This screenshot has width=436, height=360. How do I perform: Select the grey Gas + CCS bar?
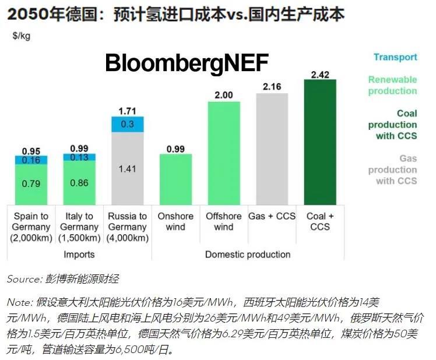pos(272,149)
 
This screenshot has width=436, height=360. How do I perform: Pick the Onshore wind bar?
pos(175,179)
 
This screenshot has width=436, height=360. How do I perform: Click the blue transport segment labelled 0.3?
pos(127,124)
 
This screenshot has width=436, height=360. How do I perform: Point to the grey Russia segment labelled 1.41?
pos(127,168)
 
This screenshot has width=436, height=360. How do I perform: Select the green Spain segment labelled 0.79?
pos(31,184)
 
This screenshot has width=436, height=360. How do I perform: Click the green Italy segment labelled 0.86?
pos(79,182)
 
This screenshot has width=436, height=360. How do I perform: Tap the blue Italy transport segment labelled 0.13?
pos(79,157)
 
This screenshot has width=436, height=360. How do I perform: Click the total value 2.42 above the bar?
pos(320,75)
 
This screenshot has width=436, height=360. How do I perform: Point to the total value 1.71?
pos(127,111)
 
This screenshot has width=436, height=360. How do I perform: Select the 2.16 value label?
pos(272,87)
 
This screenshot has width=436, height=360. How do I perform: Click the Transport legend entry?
pos(395,57)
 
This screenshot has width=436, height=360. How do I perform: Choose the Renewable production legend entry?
pos(392,85)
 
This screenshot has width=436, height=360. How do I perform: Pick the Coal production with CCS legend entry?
pos(392,125)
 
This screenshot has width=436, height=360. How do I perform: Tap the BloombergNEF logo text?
pos(187,63)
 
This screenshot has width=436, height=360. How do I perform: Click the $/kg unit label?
pos(22,36)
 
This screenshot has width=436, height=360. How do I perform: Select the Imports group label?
pos(79,255)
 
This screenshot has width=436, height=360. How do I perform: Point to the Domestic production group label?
pos(248,255)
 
